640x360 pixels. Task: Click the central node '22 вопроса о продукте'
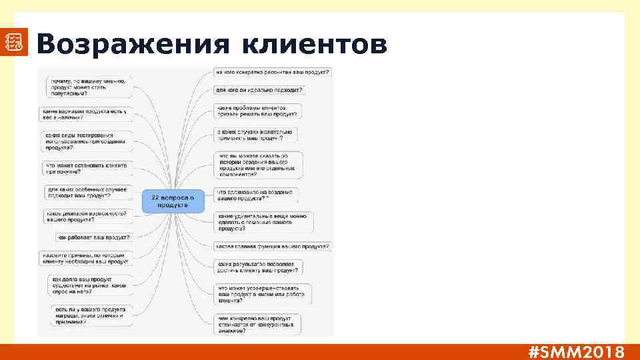click(x=172, y=201)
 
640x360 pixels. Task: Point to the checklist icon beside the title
click(x=14, y=42)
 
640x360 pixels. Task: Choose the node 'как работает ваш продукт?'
click(x=94, y=237)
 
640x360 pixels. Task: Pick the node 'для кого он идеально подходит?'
click(x=259, y=89)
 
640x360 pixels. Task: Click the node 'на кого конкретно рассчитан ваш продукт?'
click(x=272, y=72)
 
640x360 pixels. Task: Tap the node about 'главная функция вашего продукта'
click(x=273, y=247)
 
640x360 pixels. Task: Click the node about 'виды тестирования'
click(x=86, y=141)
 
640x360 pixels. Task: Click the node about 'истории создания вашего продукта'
click(x=259, y=165)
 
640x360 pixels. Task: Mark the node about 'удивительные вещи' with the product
click(x=263, y=222)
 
